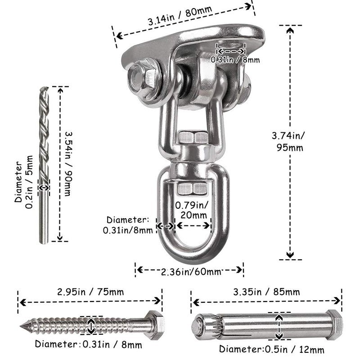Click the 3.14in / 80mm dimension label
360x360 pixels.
tap(180, 15)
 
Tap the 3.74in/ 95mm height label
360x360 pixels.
tap(289, 141)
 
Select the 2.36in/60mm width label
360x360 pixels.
tap(190, 272)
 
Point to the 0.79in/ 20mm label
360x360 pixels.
tap(192, 210)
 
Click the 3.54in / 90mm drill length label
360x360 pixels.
tap(68, 164)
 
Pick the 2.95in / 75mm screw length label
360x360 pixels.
tap(90, 292)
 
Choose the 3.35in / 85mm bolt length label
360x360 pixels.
tap(266, 292)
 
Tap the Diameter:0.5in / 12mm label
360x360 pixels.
tap(272, 350)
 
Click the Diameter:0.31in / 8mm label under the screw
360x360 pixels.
tap(88, 344)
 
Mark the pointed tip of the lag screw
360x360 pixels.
tap(21, 325)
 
